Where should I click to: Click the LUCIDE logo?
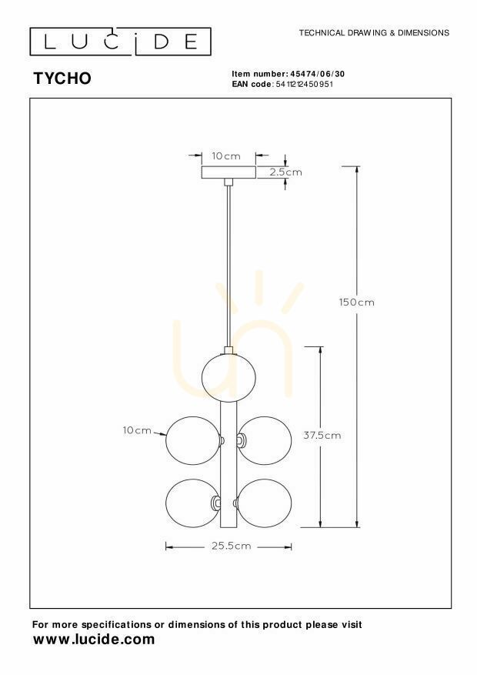pyautogui.click(x=121, y=42)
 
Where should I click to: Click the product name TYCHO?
pyautogui.click(x=62, y=79)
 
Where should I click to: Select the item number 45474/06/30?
pyautogui.click(x=318, y=74)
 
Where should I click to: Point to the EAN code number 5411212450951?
pyautogui.click(x=305, y=84)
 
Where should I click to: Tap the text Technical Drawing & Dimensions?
pyautogui.click(x=374, y=33)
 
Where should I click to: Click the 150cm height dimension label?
pyautogui.click(x=356, y=302)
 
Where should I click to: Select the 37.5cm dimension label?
pyautogui.click(x=322, y=435)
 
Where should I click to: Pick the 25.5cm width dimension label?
pyautogui.click(x=231, y=546)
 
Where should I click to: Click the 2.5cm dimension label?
pyautogui.click(x=285, y=172)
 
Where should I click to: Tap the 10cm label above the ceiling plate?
pyautogui.click(x=226, y=156)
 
